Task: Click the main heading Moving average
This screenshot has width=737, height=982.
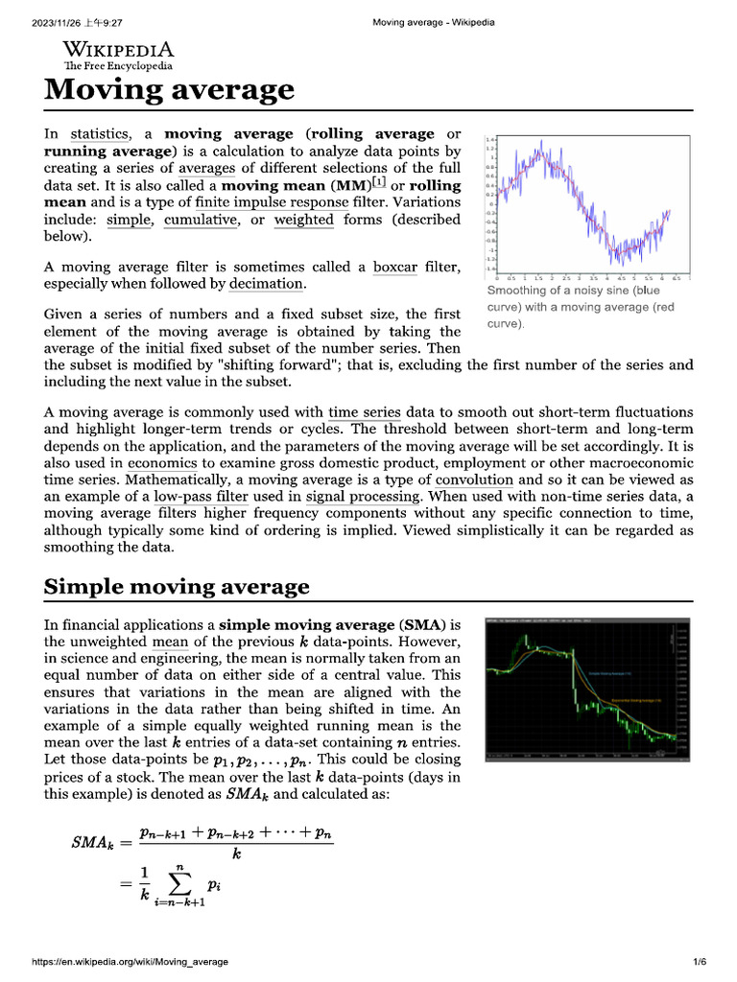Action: (169, 90)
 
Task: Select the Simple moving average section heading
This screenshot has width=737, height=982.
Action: (177, 587)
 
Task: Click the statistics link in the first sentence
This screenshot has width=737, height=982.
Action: (99, 134)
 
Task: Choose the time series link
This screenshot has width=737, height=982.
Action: (364, 412)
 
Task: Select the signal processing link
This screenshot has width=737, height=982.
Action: (363, 497)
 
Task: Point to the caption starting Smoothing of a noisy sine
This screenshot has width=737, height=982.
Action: (574, 307)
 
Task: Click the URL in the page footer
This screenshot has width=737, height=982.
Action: (131, 962)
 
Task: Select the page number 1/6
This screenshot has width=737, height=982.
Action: (699, 962)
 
